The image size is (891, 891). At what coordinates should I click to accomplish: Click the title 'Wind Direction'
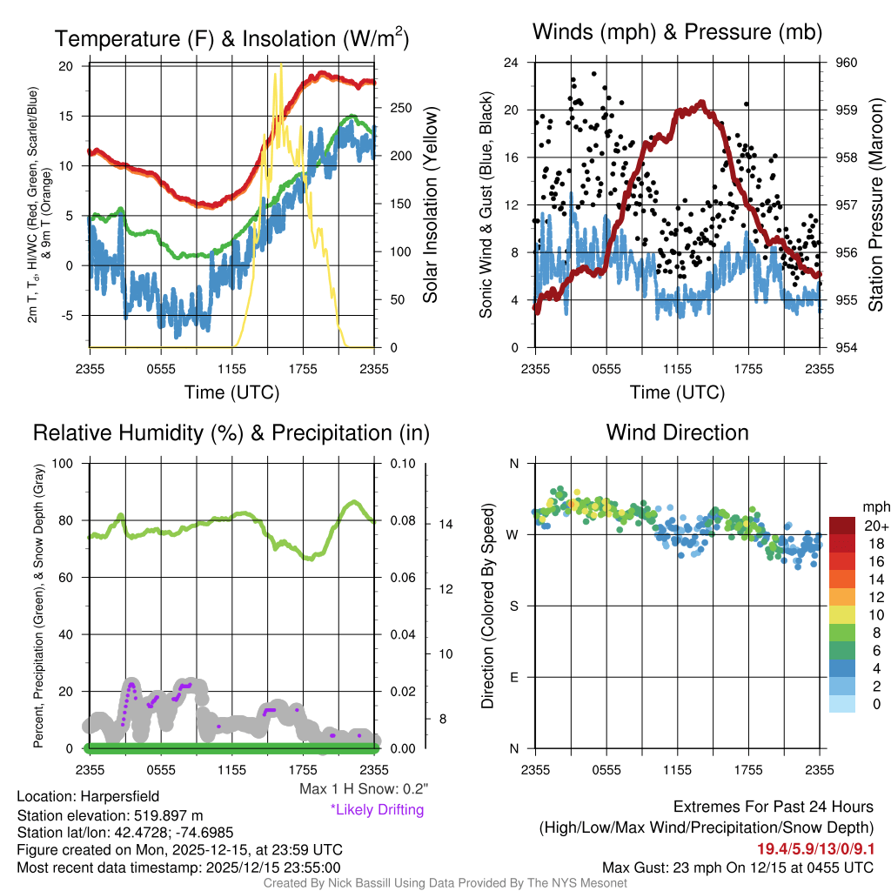click(677, 432)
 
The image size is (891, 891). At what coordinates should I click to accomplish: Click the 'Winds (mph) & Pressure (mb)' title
click(677, 32)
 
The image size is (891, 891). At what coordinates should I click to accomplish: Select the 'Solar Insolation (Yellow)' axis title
click(430, 205)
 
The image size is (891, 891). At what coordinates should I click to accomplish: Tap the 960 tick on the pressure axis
click(847, 63)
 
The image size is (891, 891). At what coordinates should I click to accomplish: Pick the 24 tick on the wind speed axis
click(512, 63)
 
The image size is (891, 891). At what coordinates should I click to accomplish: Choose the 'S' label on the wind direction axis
click(514, 606)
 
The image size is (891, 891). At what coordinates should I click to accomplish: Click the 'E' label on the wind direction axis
click(514, 677)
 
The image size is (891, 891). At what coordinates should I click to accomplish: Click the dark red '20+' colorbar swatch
click(842, 526)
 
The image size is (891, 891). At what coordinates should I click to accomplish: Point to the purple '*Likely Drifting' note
click(377, 809)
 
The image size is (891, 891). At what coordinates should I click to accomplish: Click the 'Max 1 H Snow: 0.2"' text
click(363, 789)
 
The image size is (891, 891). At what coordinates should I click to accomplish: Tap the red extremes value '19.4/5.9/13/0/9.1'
click(814, 848)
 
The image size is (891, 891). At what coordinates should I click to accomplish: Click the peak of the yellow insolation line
click(280, 65)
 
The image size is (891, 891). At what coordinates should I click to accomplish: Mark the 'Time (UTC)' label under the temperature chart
click(231, 392)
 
